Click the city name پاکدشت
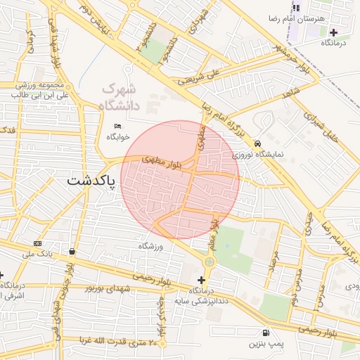[x=94, y=181]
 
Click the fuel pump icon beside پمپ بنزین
[x=264, y=333]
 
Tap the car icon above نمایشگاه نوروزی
[x=257, y=143]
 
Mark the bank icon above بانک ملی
[x=37, y=243]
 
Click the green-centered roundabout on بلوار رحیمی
[x=209, y=262]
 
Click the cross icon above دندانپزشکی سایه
[x=202, y=280]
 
